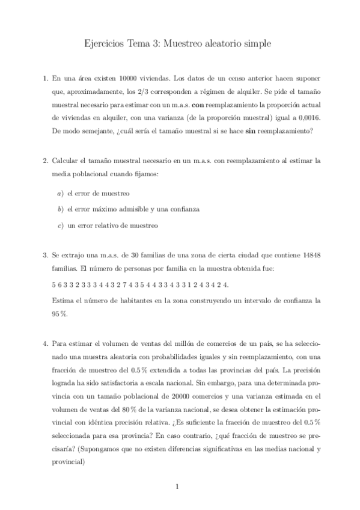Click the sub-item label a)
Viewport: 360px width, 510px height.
coord(59,194)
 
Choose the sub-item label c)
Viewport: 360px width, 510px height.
coord(59,226)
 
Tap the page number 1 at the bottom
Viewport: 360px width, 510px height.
coord(180,487)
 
